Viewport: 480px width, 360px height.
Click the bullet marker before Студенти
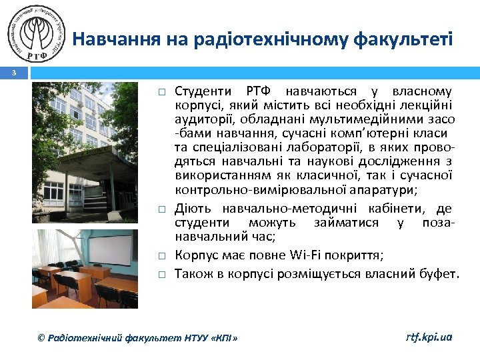click(161, 91)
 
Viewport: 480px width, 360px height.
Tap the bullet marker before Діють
click(161, 209)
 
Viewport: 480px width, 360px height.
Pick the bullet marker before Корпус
click(161, 255)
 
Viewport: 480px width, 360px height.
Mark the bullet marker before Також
click(161, 273)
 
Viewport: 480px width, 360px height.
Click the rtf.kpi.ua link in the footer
click(429, 337)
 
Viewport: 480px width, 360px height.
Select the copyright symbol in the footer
click(41, 338)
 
